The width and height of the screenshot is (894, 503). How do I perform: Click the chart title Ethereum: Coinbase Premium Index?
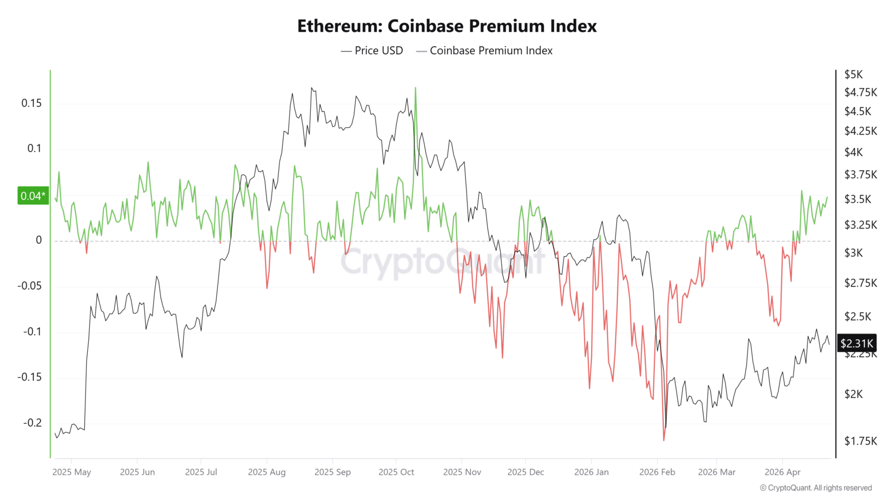446,26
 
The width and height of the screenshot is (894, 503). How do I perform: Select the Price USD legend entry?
372,50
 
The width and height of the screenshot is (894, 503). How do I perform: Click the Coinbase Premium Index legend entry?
484,50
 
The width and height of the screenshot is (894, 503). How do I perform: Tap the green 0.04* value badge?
33,196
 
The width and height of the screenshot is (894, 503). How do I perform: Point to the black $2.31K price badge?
857,343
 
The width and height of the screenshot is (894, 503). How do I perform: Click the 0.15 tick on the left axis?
31,103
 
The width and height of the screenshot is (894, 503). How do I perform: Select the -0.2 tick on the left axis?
32,423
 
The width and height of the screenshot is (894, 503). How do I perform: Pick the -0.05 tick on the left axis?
30,286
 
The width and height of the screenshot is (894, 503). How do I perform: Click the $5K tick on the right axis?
853,74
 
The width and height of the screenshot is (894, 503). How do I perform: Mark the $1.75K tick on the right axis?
860,441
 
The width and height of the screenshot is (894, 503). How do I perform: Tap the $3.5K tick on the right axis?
858,199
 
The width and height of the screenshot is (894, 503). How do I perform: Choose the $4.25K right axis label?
860,131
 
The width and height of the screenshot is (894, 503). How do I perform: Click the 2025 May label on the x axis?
72,472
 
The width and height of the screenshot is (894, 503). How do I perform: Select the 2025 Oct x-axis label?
396,472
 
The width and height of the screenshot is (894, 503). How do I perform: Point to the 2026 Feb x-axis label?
657,472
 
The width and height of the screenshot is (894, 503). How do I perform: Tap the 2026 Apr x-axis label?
782,472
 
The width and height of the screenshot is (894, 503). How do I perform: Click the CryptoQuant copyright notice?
816,488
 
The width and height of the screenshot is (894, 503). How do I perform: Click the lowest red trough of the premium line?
664,440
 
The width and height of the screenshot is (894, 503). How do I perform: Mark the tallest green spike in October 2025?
415,88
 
